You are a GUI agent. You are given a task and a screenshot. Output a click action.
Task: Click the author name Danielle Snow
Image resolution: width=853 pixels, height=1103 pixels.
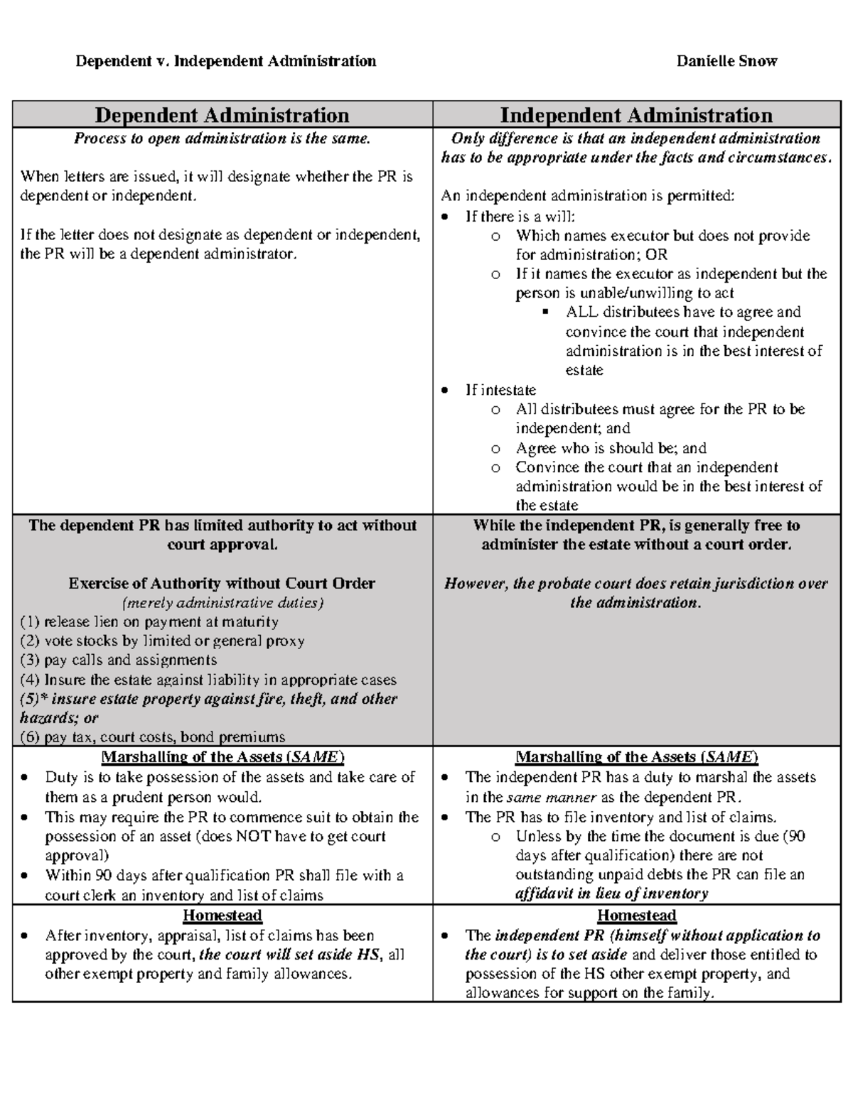(726, 61)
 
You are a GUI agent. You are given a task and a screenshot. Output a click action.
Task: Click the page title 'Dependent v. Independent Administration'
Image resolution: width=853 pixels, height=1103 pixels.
(226, 61)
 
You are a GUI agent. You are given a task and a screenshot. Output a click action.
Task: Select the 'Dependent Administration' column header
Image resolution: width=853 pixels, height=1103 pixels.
(222, 115)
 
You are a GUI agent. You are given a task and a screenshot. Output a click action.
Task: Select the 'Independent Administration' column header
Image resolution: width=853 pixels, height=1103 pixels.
(635, 115)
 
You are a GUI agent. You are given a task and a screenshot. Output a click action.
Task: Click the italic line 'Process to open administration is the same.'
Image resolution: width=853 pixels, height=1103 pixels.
(222, 138)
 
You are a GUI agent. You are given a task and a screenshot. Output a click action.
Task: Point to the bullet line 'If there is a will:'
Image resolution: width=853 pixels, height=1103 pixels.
(520, 216)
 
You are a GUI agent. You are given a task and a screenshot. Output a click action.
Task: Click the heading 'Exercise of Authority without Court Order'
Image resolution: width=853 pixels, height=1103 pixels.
(222, 583)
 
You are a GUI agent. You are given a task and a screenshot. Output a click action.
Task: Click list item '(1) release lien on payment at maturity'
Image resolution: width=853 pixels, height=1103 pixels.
(149, 621)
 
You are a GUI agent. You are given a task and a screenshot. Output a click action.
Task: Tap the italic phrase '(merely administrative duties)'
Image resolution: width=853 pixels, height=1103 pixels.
(222, 603)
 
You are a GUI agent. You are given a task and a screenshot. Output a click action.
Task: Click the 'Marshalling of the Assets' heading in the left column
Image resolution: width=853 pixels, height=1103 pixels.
(222, 757)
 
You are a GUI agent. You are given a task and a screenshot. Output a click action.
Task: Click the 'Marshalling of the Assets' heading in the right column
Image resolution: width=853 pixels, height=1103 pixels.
(636, 757)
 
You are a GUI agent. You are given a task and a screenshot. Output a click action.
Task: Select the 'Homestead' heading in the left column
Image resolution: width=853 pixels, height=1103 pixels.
(222, 915)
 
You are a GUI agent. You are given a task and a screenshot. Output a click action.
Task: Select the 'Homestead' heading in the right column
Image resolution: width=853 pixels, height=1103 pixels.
(636, 915)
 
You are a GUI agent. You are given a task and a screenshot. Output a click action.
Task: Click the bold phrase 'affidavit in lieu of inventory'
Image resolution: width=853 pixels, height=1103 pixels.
(611, 893)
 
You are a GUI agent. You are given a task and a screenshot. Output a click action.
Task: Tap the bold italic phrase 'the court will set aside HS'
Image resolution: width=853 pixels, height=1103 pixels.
(290, 955)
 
